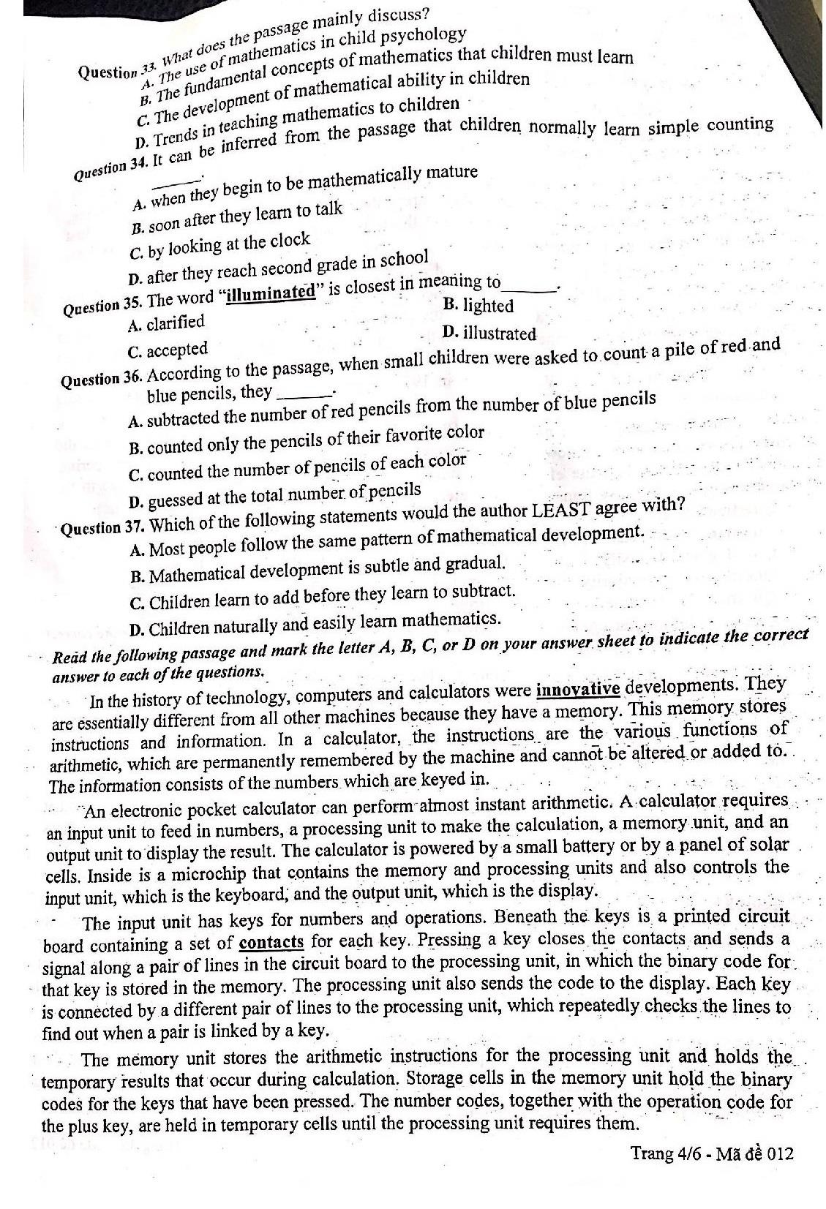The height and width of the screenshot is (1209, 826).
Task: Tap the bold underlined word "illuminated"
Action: pos(271,293)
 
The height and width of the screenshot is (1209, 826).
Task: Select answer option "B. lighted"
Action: pos(478,305)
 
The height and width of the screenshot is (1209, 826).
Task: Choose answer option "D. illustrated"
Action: pos(489,334)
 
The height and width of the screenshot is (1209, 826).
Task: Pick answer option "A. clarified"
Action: pos(166,323)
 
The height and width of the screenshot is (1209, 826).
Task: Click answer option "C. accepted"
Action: pos(168,350)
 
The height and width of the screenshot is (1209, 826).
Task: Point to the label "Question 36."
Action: pos(102,380)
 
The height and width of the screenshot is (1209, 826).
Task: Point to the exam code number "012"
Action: pos(776,1153)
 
